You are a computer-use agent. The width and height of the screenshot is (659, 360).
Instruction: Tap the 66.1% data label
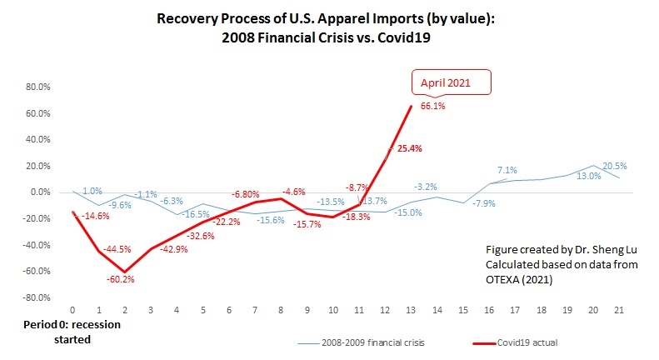tap(432, 105)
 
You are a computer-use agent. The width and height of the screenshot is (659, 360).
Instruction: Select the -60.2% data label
tap(119, 280)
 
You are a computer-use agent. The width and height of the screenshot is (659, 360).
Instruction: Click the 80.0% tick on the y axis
tap(38, 87)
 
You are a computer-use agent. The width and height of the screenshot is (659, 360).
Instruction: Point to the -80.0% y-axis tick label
tap(37, 297)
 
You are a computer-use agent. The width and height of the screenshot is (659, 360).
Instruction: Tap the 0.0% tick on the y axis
tap(40, 192)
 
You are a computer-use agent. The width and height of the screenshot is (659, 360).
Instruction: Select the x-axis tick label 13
tap(411, 310)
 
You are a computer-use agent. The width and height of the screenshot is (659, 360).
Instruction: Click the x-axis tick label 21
tap(619, 310)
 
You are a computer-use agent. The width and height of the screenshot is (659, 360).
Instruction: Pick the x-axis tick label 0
tap(72, 310)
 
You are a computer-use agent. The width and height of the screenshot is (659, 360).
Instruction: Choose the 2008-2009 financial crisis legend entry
tap(342, 342)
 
